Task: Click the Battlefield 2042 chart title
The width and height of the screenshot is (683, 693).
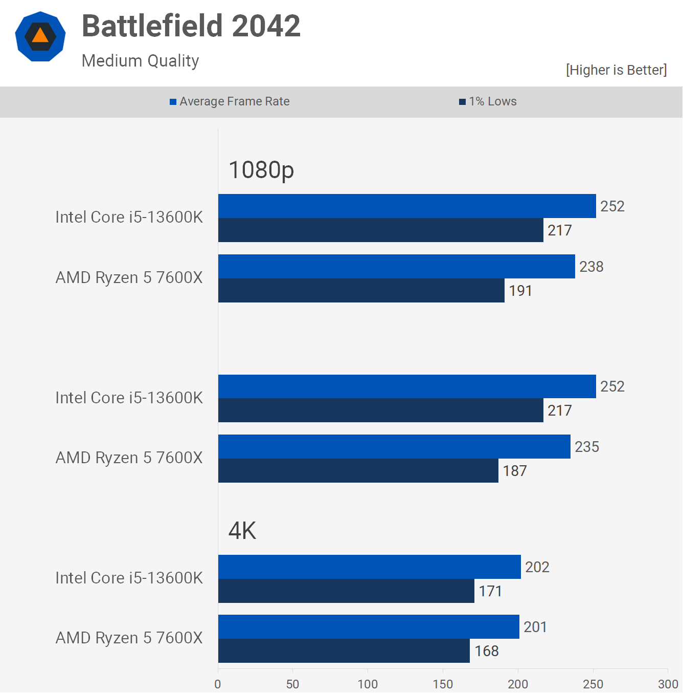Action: point(191,26)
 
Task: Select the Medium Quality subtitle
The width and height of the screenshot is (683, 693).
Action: point(140,61)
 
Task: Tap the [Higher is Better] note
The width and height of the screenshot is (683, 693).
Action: point(616,70)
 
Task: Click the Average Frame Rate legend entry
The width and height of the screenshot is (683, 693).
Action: point(230,101)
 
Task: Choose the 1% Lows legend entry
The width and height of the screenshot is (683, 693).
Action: point(488,101)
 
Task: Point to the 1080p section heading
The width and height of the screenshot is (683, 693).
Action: point(261,170)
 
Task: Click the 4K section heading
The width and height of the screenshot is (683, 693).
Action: point(242,531)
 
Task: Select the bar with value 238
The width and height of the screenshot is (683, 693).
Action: point(396,267)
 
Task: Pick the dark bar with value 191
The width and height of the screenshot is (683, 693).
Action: point(361,291)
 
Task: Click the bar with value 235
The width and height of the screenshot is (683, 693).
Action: point(394,447)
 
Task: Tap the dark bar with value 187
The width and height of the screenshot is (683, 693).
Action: point(358,471)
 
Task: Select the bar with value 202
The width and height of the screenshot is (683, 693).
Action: point(369,567)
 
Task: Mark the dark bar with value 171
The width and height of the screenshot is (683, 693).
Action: point(346,591)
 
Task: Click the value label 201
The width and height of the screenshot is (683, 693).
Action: point(535,627)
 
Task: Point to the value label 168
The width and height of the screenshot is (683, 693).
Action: point(486,651)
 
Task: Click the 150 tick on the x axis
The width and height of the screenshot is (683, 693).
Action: point(443,684)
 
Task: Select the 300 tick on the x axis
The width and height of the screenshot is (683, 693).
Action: point(668,684)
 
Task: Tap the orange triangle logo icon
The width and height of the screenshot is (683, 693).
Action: point(40,36)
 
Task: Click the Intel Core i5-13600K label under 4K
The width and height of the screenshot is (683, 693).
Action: point(129,578)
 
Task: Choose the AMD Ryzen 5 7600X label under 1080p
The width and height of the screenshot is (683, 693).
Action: point(129,277)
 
